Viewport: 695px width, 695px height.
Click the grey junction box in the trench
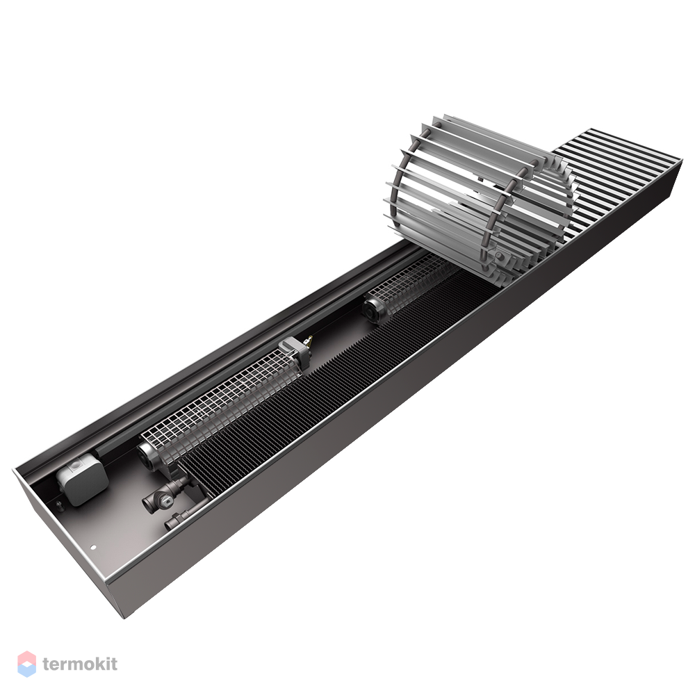[x=82, y=479]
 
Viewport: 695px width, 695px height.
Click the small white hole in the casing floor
[x=93, y=547]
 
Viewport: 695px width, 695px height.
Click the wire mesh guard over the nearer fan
[x=222, y=403]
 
